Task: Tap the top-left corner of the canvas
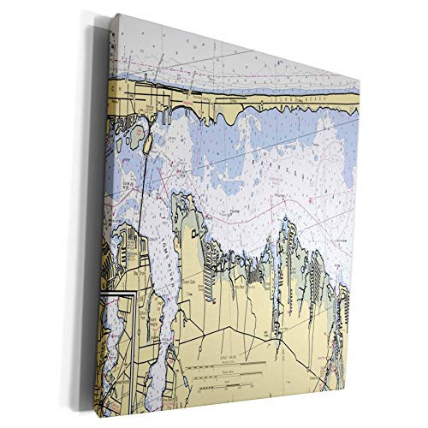tap(116, 14)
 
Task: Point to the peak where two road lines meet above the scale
tap(225, 326)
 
